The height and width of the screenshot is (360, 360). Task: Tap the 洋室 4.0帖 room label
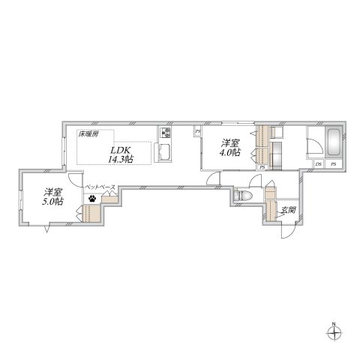coord(229,147)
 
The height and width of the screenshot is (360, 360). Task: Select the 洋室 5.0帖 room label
coord(52,196)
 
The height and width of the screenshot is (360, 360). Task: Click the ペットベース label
coord(99,186)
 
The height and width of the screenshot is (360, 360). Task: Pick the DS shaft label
coord(319,163)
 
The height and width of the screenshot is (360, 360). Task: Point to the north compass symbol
coord(335,331)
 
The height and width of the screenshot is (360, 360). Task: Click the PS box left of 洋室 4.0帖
coord(197,133)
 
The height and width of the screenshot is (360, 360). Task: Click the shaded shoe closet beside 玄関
coord(268,209)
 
